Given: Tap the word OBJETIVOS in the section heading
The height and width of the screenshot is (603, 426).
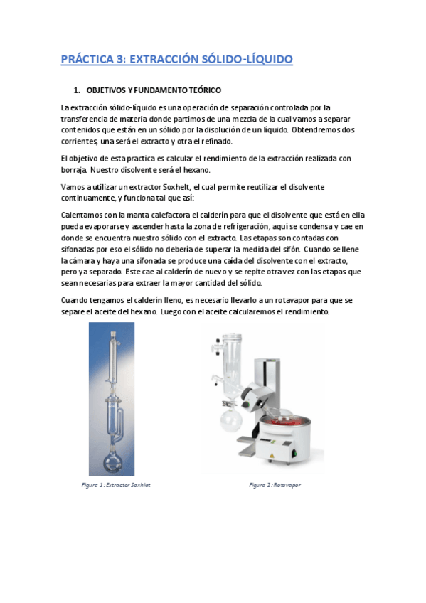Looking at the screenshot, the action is tap(109, 91).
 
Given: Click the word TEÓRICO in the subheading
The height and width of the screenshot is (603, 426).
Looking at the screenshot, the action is tap(202, 91).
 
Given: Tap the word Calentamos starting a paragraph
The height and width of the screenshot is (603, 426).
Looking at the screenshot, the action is tap(84, 214).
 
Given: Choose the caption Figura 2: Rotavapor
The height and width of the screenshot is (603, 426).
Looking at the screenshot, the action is tap(275, 485).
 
